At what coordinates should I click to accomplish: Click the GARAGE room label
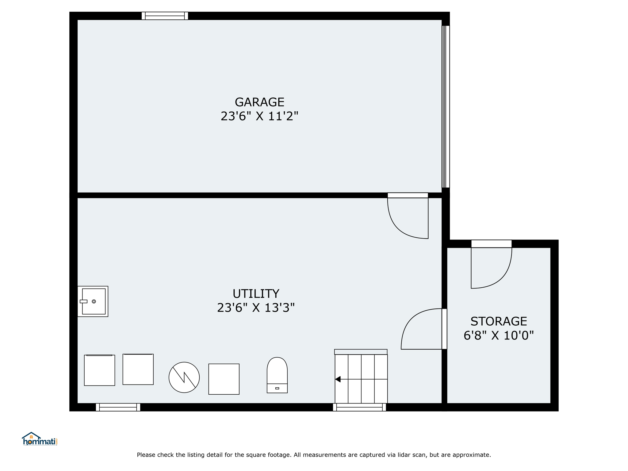(259, 102)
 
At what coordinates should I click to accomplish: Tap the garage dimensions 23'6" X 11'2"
(259, 116)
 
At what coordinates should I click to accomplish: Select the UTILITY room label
(256, 294)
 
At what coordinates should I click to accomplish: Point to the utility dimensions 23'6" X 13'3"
(256, 308)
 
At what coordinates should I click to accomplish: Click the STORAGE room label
(499, 321)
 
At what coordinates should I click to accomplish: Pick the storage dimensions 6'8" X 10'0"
(499, 335)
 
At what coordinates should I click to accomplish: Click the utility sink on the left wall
(93, 301)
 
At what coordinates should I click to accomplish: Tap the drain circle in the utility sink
(94, 301)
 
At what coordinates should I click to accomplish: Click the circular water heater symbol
(184, 377)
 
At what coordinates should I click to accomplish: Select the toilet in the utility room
(277, 375)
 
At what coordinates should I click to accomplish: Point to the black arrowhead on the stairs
(338, 379)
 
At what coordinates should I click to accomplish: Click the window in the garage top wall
(165, 16)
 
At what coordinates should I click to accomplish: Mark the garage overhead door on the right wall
(446, 107)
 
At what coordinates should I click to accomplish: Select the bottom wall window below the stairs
(359, 407)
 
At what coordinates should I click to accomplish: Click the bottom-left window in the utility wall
(118, 407)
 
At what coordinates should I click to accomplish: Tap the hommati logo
(40, 439)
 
